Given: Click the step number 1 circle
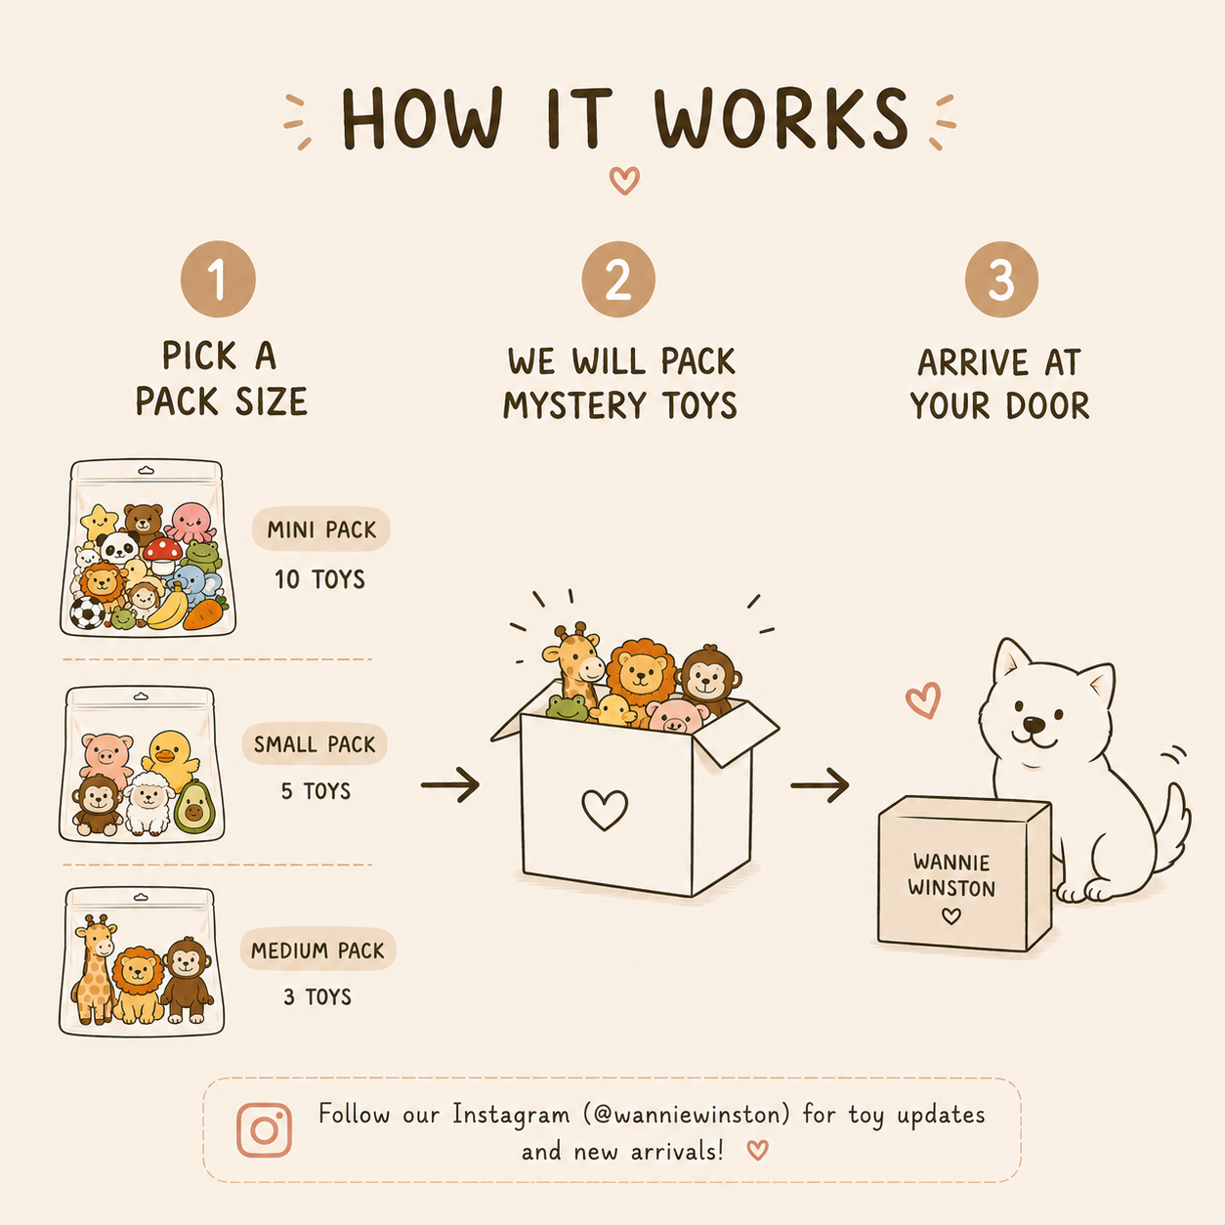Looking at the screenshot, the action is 218,278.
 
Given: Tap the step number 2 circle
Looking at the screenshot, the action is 618,278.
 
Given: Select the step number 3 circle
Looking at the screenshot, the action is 1001,278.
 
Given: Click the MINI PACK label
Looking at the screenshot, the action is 321,528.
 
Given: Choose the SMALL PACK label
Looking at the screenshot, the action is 315,743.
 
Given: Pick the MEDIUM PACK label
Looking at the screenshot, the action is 317,950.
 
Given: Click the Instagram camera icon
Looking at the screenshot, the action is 264,1129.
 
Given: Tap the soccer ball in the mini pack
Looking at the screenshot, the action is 87,612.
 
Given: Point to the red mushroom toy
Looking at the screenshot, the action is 163,555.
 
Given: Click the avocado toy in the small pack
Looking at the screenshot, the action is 194,807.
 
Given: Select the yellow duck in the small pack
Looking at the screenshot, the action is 170,759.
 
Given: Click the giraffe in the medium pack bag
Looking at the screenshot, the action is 94,969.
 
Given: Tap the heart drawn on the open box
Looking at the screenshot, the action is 605,809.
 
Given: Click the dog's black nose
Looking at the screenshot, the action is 1034,726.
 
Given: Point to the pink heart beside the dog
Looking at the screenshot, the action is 923,699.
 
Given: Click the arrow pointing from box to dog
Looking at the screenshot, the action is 820,785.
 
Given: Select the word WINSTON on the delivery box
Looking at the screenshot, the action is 951,887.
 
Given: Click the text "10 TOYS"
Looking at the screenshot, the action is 319,579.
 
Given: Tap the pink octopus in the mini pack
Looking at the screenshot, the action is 190,522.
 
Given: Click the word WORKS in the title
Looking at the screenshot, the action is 781,119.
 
